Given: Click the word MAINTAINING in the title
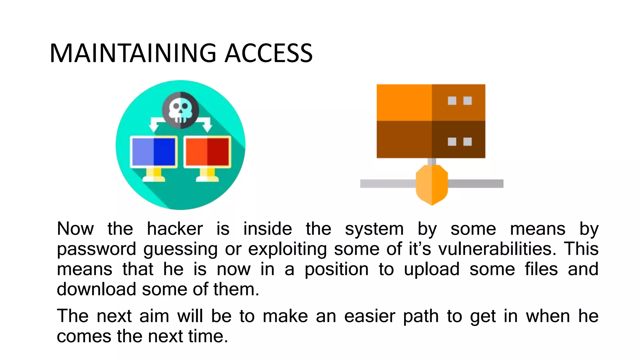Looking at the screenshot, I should [x=133, y=53].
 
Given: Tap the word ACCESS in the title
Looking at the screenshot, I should [x=268, y=53].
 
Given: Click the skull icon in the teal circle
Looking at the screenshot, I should [x=180, y=110].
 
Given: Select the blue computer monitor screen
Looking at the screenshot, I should [x=153, y=152].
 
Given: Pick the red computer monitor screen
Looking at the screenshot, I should [x=207, y=152].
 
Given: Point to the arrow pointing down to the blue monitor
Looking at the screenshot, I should [x=154, y=125].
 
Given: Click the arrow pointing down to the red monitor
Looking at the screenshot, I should [x=207, y=125].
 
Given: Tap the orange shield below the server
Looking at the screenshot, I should [x=432, y=185].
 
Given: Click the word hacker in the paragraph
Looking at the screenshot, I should [x=175, y=229].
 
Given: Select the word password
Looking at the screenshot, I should [x=96, y=249].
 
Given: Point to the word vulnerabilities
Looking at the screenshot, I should [x=497, y=249].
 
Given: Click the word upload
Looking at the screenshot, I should [x=432, y=269].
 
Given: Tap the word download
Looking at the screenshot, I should [x=96, y=289].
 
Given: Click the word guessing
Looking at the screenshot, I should [x=180, y=249].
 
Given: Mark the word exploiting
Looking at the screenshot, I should [x=287, y=249].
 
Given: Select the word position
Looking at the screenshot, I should [x=337, y=269].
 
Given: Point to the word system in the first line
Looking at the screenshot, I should [x=374, y=229].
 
